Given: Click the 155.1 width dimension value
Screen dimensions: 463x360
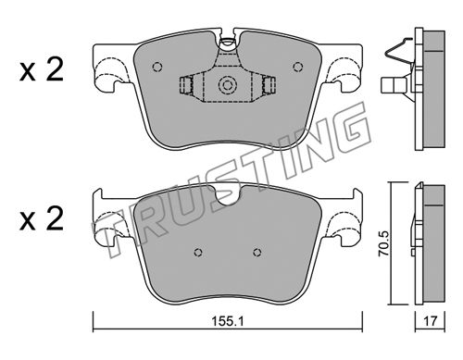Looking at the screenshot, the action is (x=228, y=321).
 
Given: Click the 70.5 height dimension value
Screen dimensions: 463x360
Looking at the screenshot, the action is (x=385, y=243).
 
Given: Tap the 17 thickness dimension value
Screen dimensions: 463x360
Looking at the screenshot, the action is (x=430, y=321).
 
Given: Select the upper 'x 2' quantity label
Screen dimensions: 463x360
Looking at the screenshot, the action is (x=42, y=69).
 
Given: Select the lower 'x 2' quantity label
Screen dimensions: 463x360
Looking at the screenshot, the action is (x=42, y=218).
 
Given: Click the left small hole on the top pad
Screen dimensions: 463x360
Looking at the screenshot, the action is (x=157, y=67).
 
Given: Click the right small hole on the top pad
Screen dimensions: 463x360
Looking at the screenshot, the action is (x=298, y=67).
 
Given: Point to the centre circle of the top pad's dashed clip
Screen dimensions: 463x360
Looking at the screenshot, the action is (x=227, y=84).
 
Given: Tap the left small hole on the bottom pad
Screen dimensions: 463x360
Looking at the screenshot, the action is (x=198, y=253).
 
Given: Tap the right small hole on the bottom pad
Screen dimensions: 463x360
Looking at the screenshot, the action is (x=257, y=253).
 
